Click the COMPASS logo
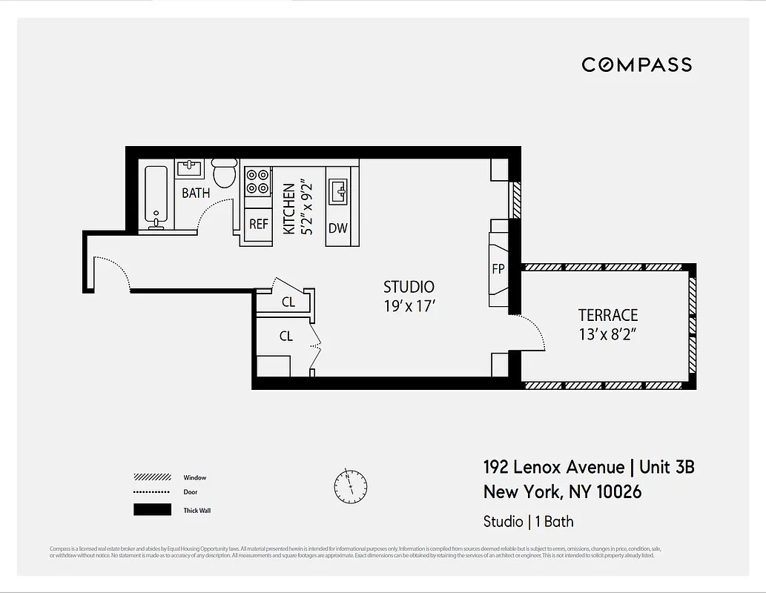point(636,65)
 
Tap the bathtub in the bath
point(156,196)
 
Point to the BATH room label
point(196,193)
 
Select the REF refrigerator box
point(258,224)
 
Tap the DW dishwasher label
point(337,228)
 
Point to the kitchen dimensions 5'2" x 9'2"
point(299,209)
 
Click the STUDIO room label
point(409,287)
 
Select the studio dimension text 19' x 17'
point(409,305)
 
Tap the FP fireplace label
point(498,269)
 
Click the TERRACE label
point(608,315)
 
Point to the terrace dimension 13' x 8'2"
point(608,334)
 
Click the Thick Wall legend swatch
point(152,510)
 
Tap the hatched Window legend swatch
point(152,477)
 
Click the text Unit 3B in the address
point(666,467)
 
